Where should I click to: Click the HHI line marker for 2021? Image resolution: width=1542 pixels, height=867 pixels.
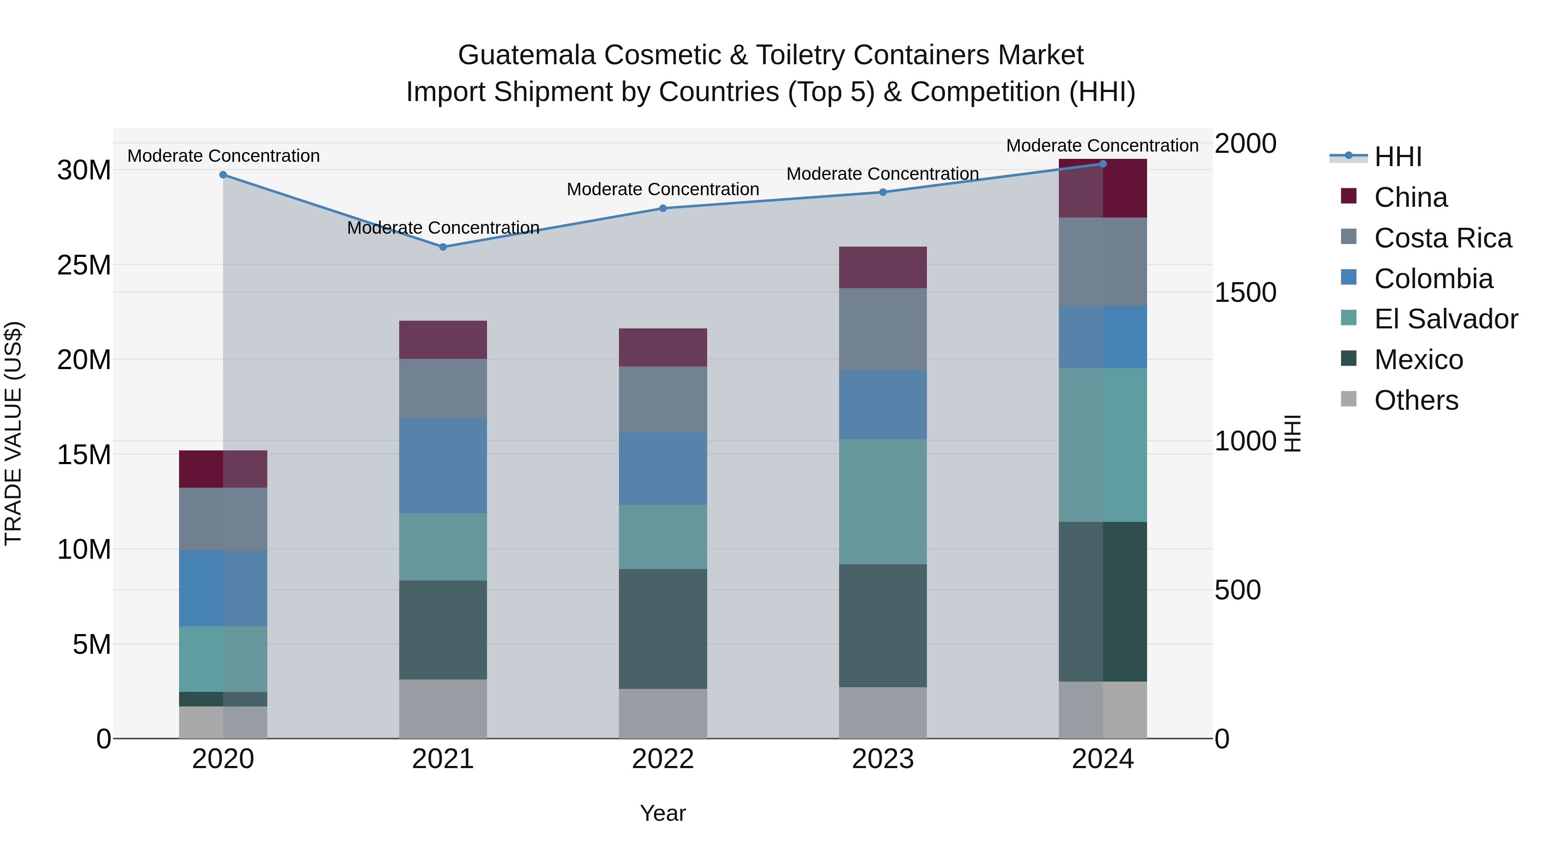[443, 247]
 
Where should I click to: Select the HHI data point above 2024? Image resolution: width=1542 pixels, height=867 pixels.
[1103, 164]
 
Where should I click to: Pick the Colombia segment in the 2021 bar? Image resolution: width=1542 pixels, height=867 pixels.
[443, 465]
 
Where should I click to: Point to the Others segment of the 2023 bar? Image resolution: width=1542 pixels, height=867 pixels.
[882, 712]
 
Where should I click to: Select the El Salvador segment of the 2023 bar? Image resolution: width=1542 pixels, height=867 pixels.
[882, 501]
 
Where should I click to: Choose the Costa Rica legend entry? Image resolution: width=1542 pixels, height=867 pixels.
[1443, 238]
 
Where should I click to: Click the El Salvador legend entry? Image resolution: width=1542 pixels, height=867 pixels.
[1446, 319]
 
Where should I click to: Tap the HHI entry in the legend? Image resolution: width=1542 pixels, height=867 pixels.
[1398, 157]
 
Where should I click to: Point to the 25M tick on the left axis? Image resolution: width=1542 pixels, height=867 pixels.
[84, 265]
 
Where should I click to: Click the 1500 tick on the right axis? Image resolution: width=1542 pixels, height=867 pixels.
[1246, 292]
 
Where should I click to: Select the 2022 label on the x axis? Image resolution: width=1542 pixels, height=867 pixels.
[663, 759]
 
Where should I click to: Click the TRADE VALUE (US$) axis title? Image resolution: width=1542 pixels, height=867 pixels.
[13, 433]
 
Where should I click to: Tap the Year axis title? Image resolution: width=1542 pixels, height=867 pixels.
[663, 813]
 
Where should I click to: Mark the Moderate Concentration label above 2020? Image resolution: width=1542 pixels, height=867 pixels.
[223, 155]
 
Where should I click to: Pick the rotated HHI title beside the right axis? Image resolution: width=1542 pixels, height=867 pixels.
[1293, 433]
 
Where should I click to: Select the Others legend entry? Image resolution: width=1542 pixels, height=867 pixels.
[1416, 400]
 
